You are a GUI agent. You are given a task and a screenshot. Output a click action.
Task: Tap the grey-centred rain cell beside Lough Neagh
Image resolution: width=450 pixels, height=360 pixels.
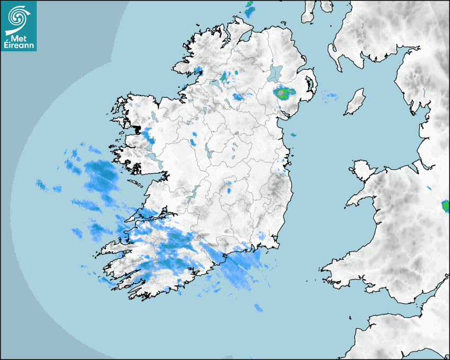(284, 94)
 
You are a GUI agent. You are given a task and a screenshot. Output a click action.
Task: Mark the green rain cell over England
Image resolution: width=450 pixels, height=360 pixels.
(445, 205)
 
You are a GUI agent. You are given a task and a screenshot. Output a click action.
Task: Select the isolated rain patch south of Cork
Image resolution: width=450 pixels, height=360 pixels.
(258, 308)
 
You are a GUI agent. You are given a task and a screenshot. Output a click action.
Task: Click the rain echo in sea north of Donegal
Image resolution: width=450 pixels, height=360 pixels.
(249, 7)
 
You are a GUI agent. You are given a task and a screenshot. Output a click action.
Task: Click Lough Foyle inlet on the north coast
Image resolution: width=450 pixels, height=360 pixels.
(245, 37)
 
